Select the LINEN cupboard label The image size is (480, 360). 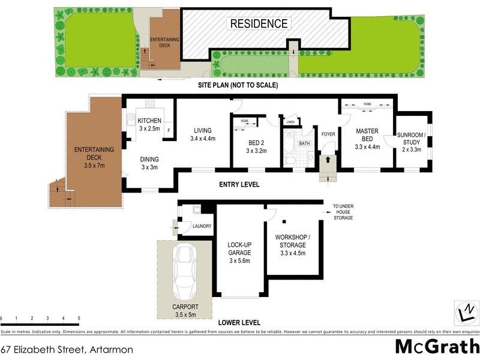coord(290,122)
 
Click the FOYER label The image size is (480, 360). coord(328,134)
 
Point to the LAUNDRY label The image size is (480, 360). coord(202,226)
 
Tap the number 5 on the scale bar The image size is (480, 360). coord(79,318)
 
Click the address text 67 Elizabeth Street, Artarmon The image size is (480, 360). coord(67,349)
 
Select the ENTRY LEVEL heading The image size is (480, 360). coord(239,185)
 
